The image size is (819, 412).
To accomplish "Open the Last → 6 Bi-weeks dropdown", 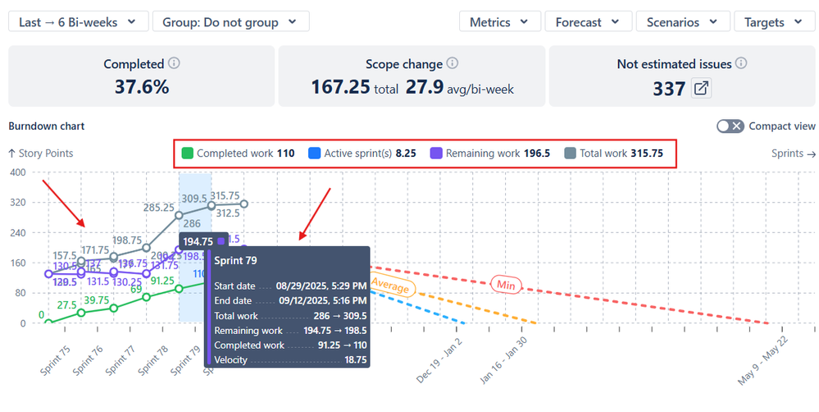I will pyautogui.click(x=78, y=22).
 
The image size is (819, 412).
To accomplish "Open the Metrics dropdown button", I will pyautogui.click(x=499, y=22).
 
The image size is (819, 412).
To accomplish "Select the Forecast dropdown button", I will pyautogui.click(x=588, y=22).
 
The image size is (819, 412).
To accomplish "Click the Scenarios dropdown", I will pyautogui.click(x=682, y=22).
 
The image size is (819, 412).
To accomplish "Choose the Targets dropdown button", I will pyautogui.click(x=774, y=22).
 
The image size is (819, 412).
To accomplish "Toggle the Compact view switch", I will pyautogui.click(x=730, y=126).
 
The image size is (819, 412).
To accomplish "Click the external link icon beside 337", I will pyautogui.click(x=701, y=88).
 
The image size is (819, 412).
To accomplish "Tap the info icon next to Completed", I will pyautogui.click(x=173, y=63).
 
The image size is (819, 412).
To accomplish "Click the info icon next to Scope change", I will pyautogui.click(x=453, y=63).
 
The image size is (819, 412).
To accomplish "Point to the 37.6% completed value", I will pyautogui.click(x=136, y=87).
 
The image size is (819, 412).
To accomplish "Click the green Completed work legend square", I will pyautogui.click(x=187, y=153).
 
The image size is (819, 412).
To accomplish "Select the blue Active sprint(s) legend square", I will pyautogui.click(x=314, y=153).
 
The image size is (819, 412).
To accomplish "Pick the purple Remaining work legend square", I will pyautogui.click(x=436, y=153).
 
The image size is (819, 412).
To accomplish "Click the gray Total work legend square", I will pyautogui.click(x=570, y=153).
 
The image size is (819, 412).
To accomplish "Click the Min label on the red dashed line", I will pyautogui.click(x=505, y=285).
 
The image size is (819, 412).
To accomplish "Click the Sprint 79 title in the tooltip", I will pyautogui.click(x=236, y=260).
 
